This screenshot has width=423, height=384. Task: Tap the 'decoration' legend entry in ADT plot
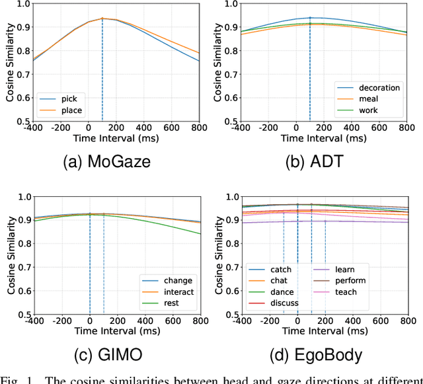[x=379, y=87]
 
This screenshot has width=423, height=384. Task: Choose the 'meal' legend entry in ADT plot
[x=369, y=98]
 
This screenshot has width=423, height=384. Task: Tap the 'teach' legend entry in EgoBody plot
[x=346, y=291]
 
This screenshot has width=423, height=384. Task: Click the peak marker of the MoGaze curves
[x=102, y=19]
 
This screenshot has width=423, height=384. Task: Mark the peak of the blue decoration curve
[x=310, y=18]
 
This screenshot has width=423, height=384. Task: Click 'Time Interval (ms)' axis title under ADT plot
[x=324, y=139]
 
